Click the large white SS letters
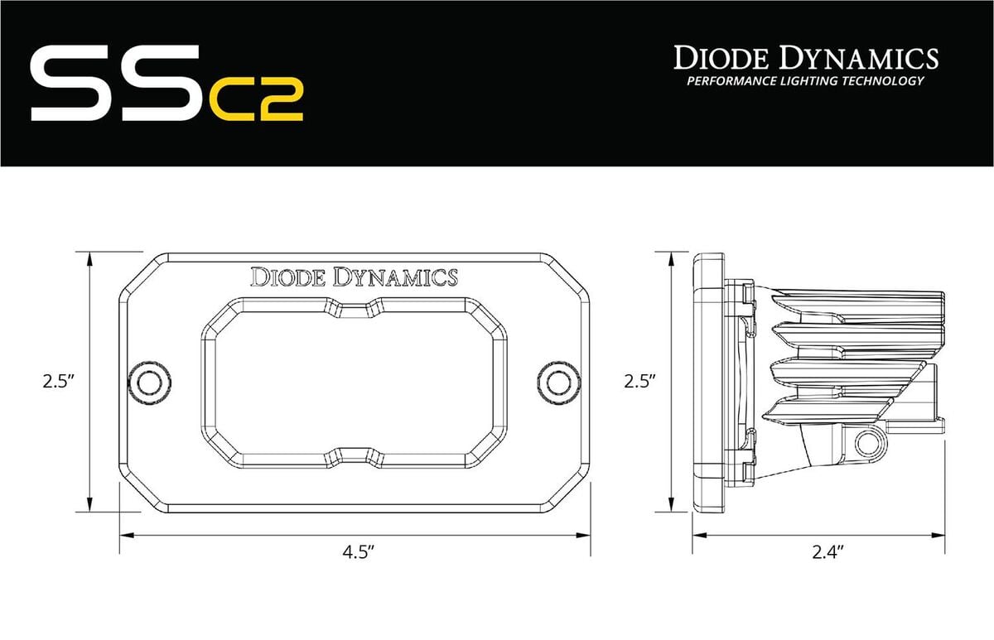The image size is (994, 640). click(x=116, y=84)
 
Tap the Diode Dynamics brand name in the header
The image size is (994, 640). click(x=805, y=58)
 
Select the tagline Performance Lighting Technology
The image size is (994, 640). click(x=805, y=81)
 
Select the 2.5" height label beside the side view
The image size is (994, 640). click(x=639, y=382)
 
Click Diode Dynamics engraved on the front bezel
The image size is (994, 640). click(x=355, y=277)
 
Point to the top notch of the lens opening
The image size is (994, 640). click(x=355, y=309)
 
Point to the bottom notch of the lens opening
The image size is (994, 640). click(x=355, y=454)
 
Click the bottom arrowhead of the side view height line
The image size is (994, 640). click(x=669, y=508)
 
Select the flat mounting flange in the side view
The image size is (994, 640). click(x=707, y=382)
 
